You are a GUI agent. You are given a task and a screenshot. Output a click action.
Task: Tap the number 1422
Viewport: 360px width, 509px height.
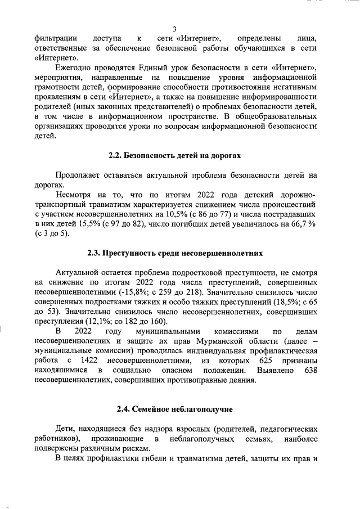[x=91, y=361]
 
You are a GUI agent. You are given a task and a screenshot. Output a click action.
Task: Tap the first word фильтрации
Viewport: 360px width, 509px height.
[x=56, y=38]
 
